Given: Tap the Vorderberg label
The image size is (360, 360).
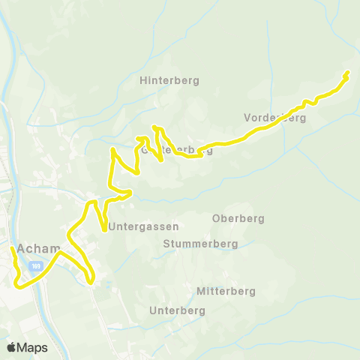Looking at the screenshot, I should pos(275,118).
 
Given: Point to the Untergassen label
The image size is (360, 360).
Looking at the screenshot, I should pos(144,226).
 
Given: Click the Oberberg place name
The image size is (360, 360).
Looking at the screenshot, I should pos(238,219).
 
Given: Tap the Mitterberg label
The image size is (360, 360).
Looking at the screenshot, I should pos(226,291).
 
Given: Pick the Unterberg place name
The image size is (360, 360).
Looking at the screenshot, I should pos(178,310).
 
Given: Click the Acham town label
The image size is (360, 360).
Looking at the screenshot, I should pos(34,249).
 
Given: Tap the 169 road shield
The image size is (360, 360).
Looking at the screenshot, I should pos(36,266).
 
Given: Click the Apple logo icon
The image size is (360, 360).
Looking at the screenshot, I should pos(11,347).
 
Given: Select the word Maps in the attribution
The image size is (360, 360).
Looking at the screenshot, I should pos(32,347).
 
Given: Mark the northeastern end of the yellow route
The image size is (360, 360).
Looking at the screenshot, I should pos(348,73).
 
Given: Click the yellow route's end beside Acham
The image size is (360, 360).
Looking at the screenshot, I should pos(11,248).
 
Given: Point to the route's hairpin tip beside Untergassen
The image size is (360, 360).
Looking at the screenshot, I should pos(103,230).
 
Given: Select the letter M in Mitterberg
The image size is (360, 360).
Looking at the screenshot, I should pos(200,291).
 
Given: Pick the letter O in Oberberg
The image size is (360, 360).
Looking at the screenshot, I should pos(217,219).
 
